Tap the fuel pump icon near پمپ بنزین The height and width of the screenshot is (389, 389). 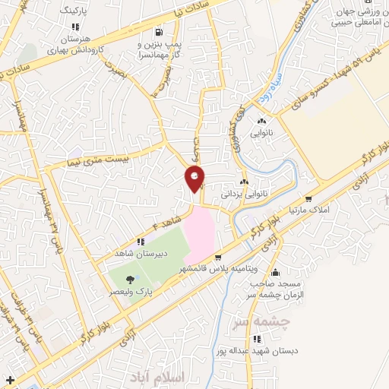pos(158,33)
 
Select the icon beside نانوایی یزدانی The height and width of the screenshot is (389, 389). pos(245,182)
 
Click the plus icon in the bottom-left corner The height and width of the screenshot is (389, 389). pos(9,378)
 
